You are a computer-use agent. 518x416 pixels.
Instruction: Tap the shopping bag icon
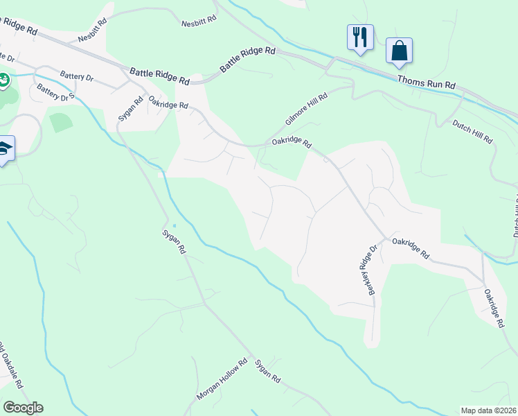point(399,51)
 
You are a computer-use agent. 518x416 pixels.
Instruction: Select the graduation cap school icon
point(3,149)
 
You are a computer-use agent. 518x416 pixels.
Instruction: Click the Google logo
point(23,408)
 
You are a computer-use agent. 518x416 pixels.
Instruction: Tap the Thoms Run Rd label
point(427,80)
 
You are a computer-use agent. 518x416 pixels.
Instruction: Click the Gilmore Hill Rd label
point(305,110)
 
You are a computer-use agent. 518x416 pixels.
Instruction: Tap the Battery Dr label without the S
point(76,76)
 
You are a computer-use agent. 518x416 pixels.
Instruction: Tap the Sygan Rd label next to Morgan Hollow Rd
point(267,371)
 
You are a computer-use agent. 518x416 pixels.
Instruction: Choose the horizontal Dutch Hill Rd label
point(472,132)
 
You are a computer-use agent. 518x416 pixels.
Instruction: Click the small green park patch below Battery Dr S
point(61,122)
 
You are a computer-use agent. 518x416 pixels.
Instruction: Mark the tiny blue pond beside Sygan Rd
point(175,225)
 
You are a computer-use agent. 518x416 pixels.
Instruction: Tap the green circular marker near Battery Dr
point(3,81)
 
